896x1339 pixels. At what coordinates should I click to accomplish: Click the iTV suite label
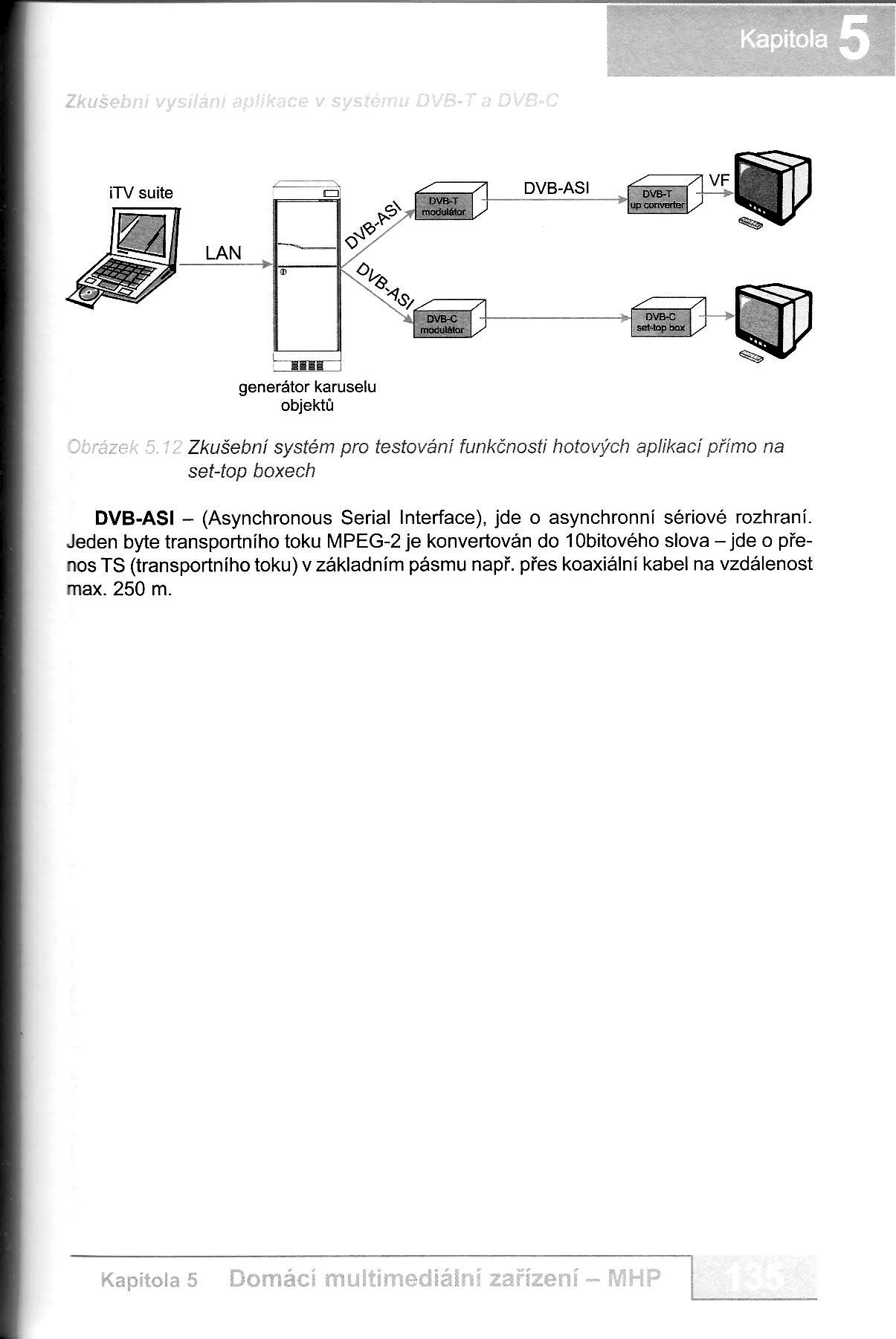click(141, 193)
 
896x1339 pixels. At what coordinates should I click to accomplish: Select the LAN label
click(224, 253)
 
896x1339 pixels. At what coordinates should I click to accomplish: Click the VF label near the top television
click(719, 181)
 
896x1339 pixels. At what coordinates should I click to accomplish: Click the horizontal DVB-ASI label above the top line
click(556, 188)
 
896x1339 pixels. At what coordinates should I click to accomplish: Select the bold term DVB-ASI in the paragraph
click(135, 517)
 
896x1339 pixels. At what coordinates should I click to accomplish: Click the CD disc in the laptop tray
click(87, 295)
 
